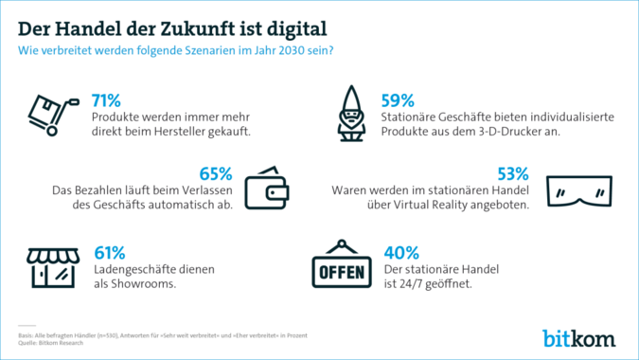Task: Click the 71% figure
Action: [106, 100]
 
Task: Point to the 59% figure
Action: [398, 100]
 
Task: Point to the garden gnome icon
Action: [351, 116]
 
